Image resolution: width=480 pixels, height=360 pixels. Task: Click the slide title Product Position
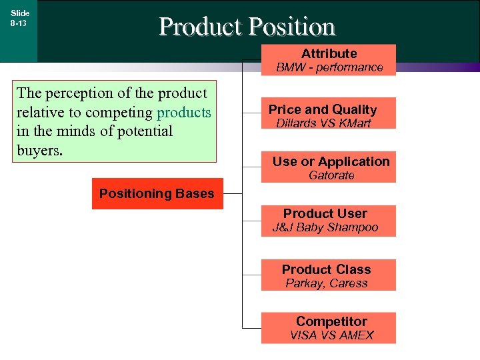pos(247,27)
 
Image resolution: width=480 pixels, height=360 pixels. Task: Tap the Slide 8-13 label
pos(19,18)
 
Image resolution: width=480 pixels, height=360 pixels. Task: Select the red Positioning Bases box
pos(157,194)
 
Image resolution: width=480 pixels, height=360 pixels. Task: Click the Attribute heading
pos(329,53)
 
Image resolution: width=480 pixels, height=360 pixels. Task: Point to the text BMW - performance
pos(329,67)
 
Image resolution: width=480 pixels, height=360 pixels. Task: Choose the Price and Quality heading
pos(323,109)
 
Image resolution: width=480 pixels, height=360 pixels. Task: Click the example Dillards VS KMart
pos(323,123)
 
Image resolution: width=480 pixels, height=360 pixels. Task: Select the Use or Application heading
pos(331,161)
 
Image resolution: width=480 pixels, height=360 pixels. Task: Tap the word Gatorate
pos(331,175)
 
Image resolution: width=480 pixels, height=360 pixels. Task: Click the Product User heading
pos(325,213)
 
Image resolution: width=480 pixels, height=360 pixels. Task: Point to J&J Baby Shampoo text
pos(325,227)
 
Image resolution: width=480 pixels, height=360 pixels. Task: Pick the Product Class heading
pos(326,269)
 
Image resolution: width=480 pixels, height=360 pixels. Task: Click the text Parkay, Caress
pos(327,283)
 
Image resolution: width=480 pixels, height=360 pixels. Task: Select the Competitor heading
pos(331,321)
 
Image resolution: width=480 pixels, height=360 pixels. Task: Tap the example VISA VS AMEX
pos(331,335)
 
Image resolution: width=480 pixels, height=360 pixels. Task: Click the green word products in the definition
pos(183,112)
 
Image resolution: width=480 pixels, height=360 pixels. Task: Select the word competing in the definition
pos(122,112)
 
